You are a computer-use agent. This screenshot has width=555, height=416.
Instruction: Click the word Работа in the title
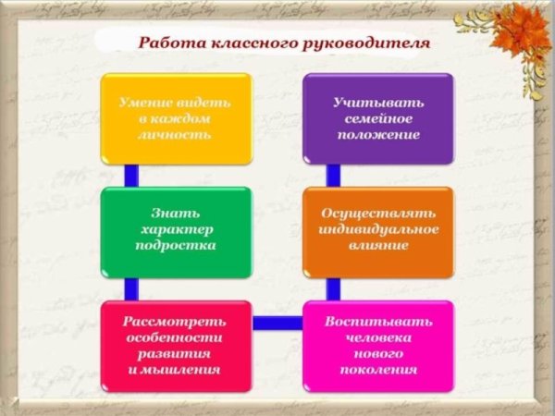point(164,43)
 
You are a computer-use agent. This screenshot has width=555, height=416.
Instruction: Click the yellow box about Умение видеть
point(176,118)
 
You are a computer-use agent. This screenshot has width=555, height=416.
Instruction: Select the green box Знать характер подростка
point(176,231)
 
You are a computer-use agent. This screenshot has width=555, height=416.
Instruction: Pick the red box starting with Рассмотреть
point(176,345)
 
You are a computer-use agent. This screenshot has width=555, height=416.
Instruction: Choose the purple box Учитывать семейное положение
point(378,118)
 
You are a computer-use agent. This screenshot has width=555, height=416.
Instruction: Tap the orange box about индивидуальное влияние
point(378,231)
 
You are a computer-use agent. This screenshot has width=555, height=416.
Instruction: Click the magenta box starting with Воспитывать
point(378,345)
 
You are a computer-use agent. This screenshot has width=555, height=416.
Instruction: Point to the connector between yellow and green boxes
point(131,176)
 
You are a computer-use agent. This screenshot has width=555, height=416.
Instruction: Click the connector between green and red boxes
point(131,288)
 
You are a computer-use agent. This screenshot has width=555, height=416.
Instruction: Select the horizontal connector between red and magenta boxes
point(277,323)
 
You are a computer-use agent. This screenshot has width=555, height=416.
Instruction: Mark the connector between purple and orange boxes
point(333,176)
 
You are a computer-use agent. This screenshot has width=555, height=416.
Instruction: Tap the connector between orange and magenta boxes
point(333,288)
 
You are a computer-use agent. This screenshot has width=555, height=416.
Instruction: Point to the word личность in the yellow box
point(176,134)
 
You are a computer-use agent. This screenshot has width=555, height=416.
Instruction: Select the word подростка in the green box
point(176,247)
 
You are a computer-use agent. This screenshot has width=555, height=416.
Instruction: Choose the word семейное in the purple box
point(378,117)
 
